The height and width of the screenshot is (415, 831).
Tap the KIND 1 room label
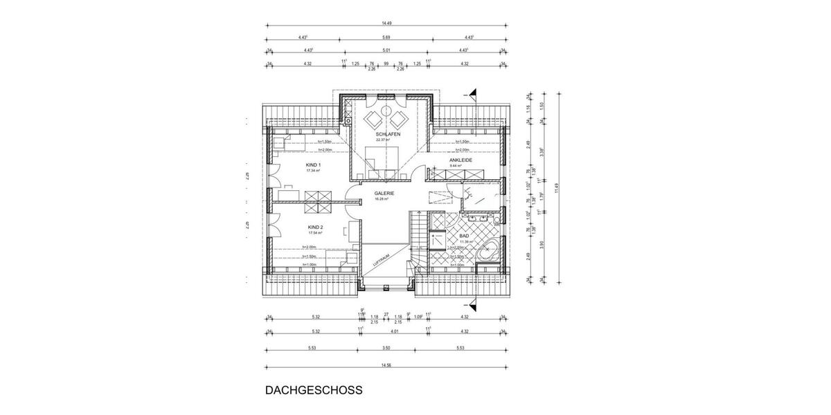click(x=314, y=165)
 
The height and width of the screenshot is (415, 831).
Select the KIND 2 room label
click(x=316, y=226)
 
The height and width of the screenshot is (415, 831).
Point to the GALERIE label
click(x=384, y=193)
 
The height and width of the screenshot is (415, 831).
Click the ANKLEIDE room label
click(x=461, y=160)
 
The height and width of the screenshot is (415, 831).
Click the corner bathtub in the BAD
click(x=488, y=249)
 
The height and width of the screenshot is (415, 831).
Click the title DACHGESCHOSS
click(x=314, y=389)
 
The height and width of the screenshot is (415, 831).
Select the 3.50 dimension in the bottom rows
click(x=386, y=348)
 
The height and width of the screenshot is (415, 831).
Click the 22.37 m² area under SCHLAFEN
click(x=383, y=140)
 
